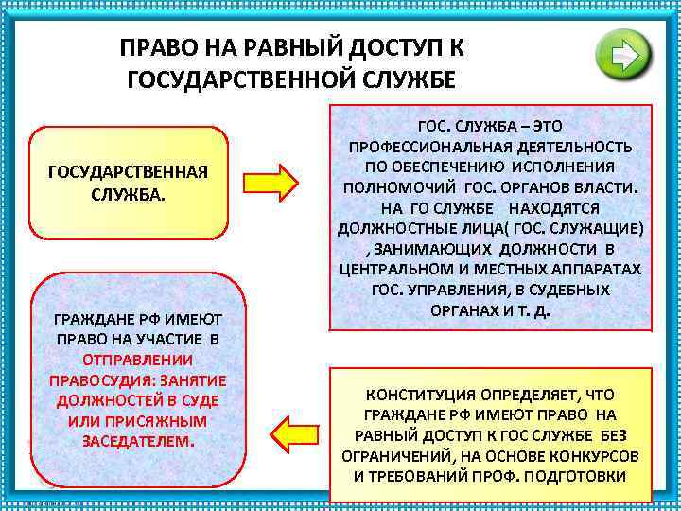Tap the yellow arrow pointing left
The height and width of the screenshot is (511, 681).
point(294,431)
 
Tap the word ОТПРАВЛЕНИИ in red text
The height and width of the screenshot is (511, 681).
point(138,360)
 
